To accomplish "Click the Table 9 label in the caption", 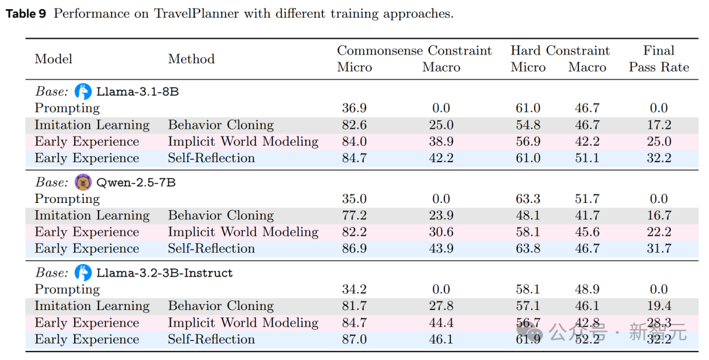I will (26, 14).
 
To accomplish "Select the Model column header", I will (53, 59).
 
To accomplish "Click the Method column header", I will (191, 59).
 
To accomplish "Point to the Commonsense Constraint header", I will (414, 51).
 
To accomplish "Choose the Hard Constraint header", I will (560, 51).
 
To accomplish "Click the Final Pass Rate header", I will (658, 59).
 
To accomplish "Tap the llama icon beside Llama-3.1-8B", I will (83, 91).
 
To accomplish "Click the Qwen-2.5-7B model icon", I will (83, 182).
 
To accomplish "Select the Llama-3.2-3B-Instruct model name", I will (164, 273).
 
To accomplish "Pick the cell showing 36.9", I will (354, 108).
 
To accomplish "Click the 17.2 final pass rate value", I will (658, 125).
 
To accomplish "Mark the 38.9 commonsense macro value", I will (441, 141).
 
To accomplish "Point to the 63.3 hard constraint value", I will (528, 199).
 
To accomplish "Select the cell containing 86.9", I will (354, 248).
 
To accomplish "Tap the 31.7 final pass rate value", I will (658, 248).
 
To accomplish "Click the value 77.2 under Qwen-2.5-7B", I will (354, 215).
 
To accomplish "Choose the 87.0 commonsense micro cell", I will (354, 339).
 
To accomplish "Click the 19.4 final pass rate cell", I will (658, 306).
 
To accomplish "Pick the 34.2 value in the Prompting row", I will (354, 290).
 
